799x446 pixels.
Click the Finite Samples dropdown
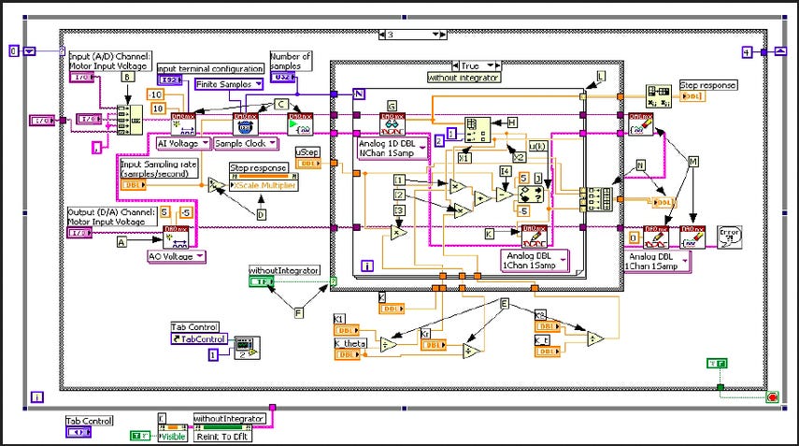(x=228, y=84)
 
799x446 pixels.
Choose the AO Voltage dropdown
(x=178, y=254)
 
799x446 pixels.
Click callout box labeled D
(x=261, y=215)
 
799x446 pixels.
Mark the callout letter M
(x=692, y=162)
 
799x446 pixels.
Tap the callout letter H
(x=511, y=122)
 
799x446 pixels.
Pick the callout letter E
(x=505, y=303)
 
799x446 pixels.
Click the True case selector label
(x=469, y=65)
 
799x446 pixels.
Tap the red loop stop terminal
(x=771, y=397)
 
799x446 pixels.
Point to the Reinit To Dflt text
(x=224, y=436)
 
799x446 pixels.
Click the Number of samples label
(x=290, y=60)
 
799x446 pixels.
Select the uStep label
(x=306, y=151)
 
